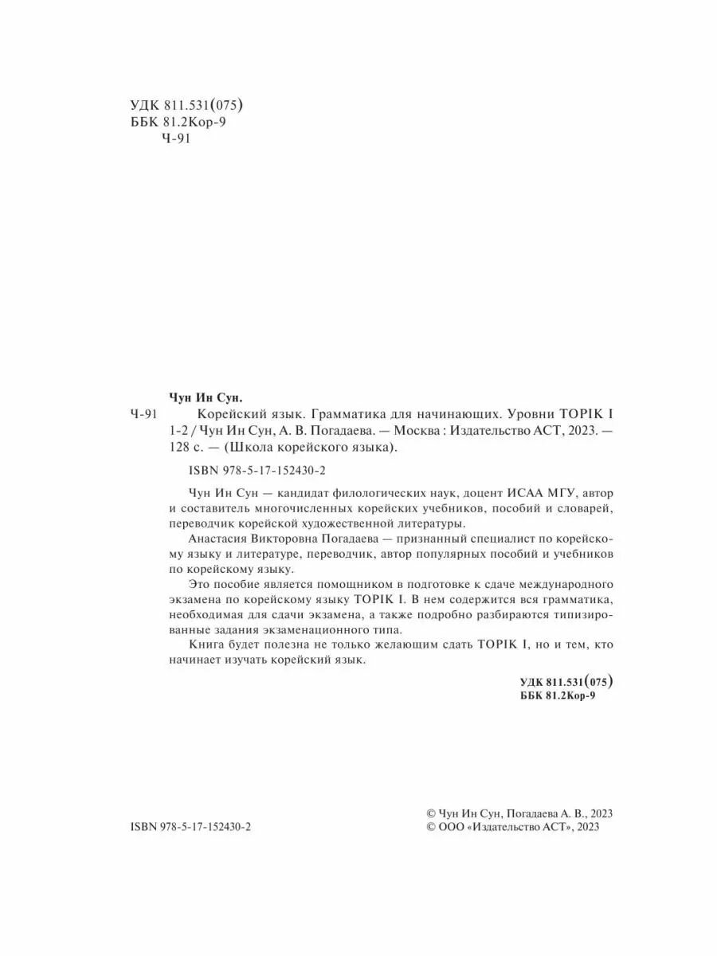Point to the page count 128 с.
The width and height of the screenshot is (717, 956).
pos(188,447)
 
